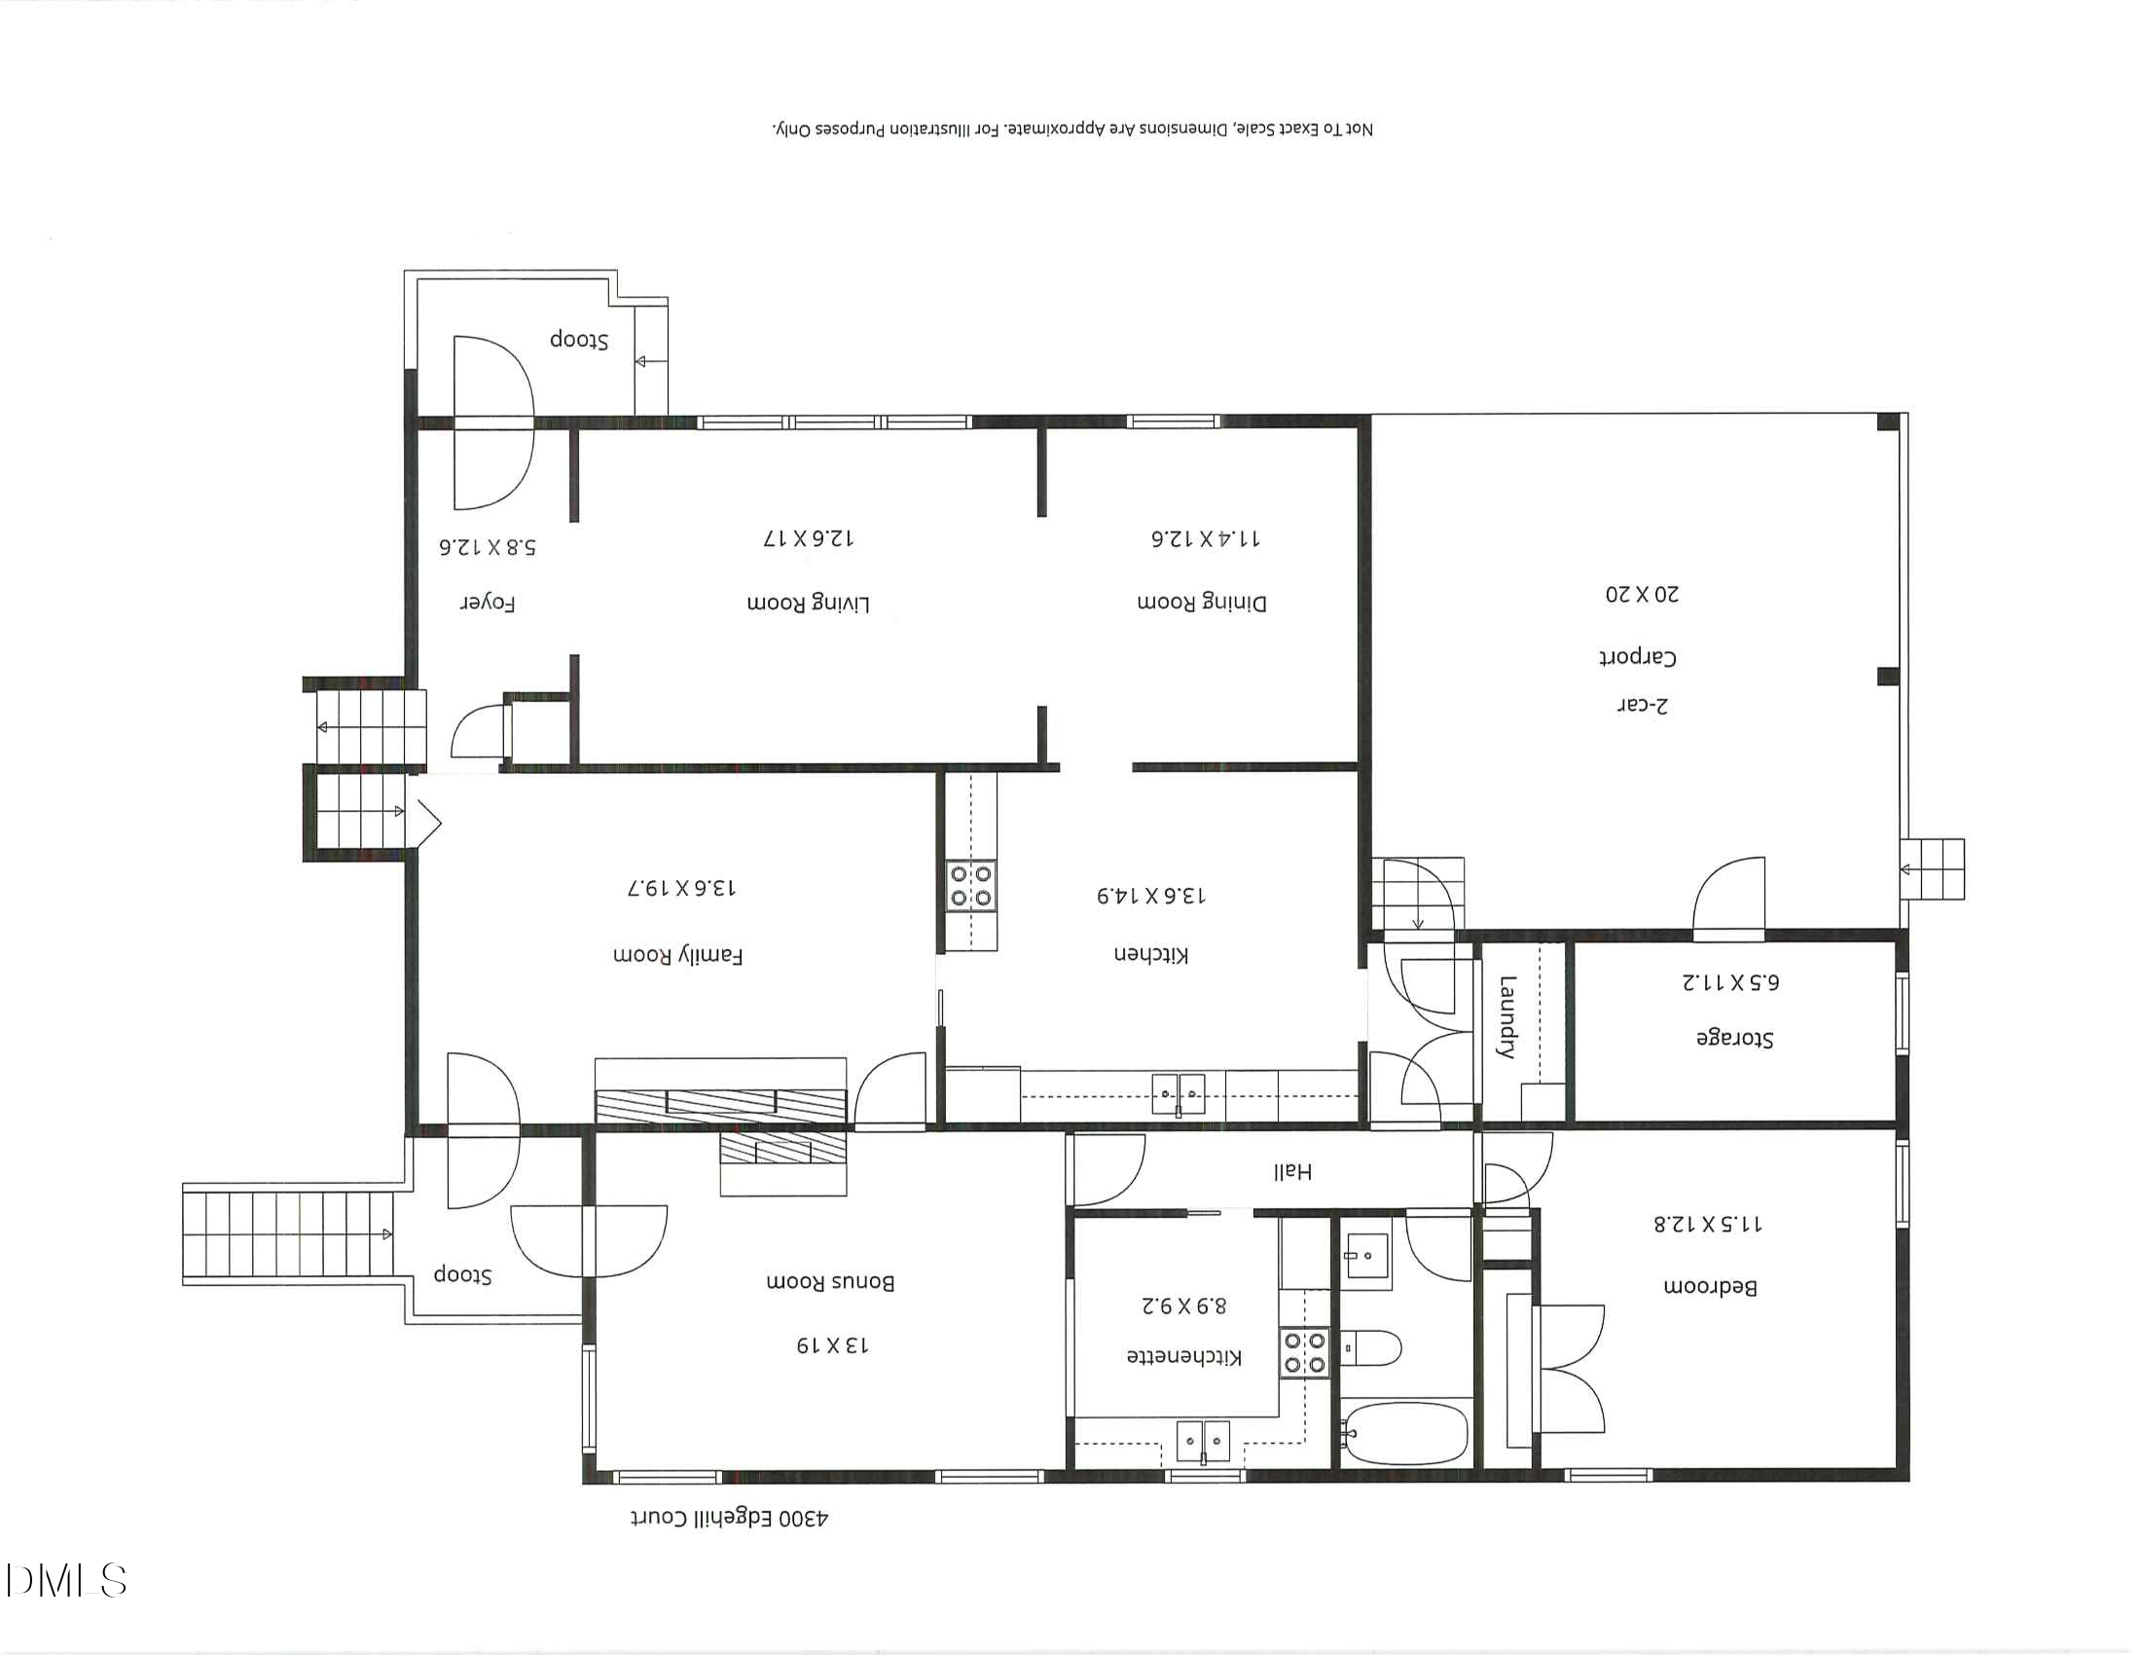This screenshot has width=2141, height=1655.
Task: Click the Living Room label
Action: (808, 603)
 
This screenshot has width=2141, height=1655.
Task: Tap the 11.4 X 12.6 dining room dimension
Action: (1205, 538)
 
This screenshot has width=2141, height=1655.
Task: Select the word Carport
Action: (1637, 657)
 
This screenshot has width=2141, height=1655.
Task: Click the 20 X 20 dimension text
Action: (1641, 594)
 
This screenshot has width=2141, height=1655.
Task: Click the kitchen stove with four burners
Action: (970, 885)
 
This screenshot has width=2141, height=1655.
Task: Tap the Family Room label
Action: (677, 955)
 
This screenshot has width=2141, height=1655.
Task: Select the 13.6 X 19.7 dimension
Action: (681, 888)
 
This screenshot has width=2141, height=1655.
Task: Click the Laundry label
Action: (1506, 1016)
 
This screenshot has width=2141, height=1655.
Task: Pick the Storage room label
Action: (1734, 1039)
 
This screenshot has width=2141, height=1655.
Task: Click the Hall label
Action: (1291, 1171)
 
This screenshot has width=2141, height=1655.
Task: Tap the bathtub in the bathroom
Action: (1407, 1435)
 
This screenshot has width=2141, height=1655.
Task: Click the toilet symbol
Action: (1371, 1348)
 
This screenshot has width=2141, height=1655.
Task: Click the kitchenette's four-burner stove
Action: (1304, 1352)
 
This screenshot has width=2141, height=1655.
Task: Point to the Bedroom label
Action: (1710, 1287)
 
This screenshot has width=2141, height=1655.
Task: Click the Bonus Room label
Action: (829, 1282)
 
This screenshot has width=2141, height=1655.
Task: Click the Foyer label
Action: (488, 603)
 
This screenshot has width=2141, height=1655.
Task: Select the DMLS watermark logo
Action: (65, 1580)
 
